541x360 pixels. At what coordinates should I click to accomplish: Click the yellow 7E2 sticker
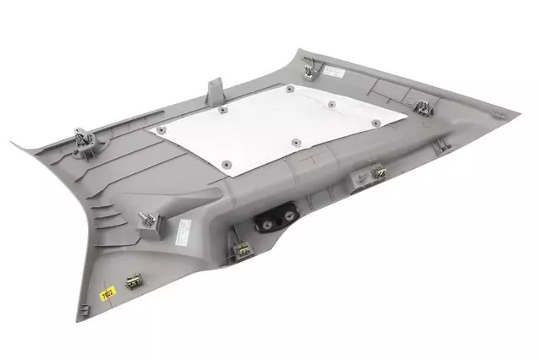coord(107,295)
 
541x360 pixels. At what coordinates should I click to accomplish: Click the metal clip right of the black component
coord(378,175)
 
